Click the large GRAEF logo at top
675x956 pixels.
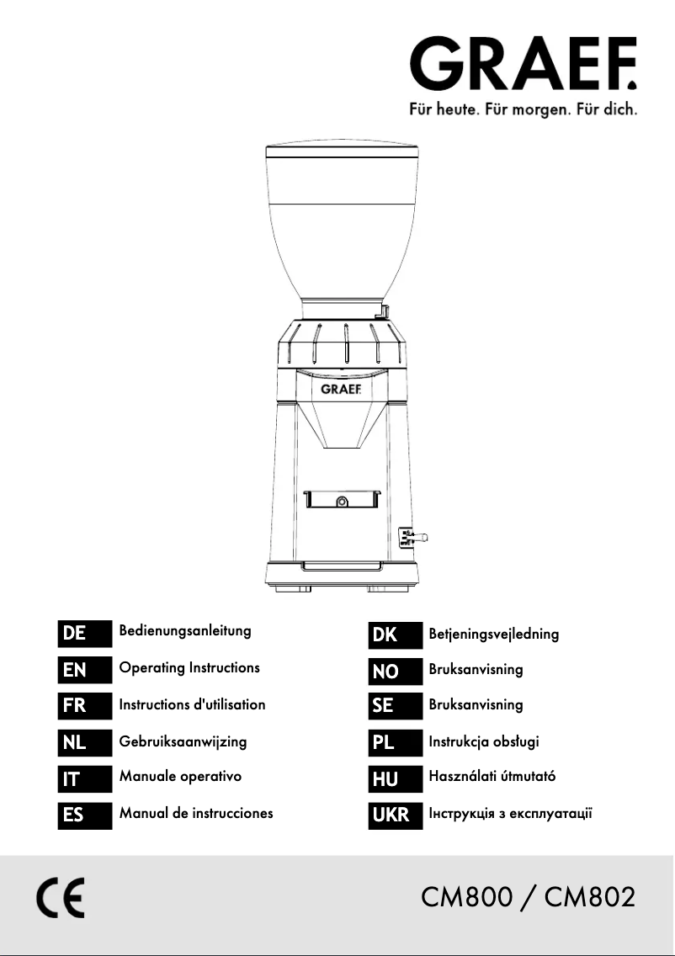pyautogui.click(x=524, y=63)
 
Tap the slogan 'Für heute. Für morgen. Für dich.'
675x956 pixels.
pyautogui.click(x=524, y=110)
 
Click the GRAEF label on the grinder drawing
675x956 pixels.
pyautogui.click(x=341, y=389)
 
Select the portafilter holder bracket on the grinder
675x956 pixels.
pyautogui.click(x=342, y=498)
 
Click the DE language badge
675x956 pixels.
pyautogui.click(x=85, y=634)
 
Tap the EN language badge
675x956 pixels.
pyautogui.click(x=85, y=669)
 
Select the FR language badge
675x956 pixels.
pyautogui.click(x=85, y=705)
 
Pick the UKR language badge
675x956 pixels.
pyautogui.click(x=395, y=815)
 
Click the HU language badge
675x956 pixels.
pyautogui.click(x=395, y=778)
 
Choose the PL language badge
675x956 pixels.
pyautogui.click(x=395, y=742)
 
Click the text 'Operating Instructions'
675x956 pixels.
pyautogui.click(x=189, y=668)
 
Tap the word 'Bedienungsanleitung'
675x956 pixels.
pyautogui.click(x=185, y=632)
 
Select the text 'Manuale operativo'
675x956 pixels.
pyautogui.click(x=180, y=777)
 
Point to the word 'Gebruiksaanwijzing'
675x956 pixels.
pyautogui.click(x=183, y=742)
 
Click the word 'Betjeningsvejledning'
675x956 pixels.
pyautogui.click(x=494, y=635)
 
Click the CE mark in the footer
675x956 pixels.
pyautogui.click(x=61, y=898)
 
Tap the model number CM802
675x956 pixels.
pyautogui.click(x=590, y=897)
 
